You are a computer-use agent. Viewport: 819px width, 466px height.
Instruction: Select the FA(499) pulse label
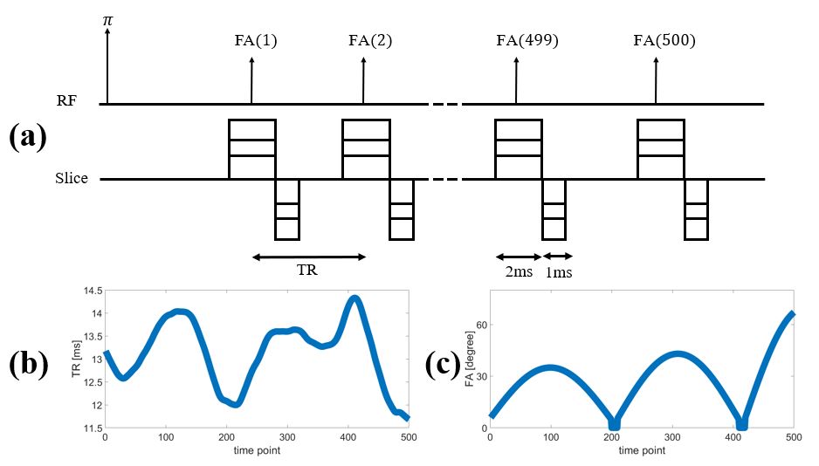(x=526, y=41)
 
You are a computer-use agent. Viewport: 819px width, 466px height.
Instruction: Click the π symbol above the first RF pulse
(x=107, y=18)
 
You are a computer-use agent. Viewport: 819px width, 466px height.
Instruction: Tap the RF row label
(x=66, y=101)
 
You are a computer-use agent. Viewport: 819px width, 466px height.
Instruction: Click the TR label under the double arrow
(x=307, y=271)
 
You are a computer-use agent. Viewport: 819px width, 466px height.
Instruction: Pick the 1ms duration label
(x=559, y=272)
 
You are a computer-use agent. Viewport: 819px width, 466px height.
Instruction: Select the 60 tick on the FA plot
(x=479, y=325)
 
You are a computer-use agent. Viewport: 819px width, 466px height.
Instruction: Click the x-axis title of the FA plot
(x=642, y=450)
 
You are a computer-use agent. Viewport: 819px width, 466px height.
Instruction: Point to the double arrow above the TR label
(x=307, y=257)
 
